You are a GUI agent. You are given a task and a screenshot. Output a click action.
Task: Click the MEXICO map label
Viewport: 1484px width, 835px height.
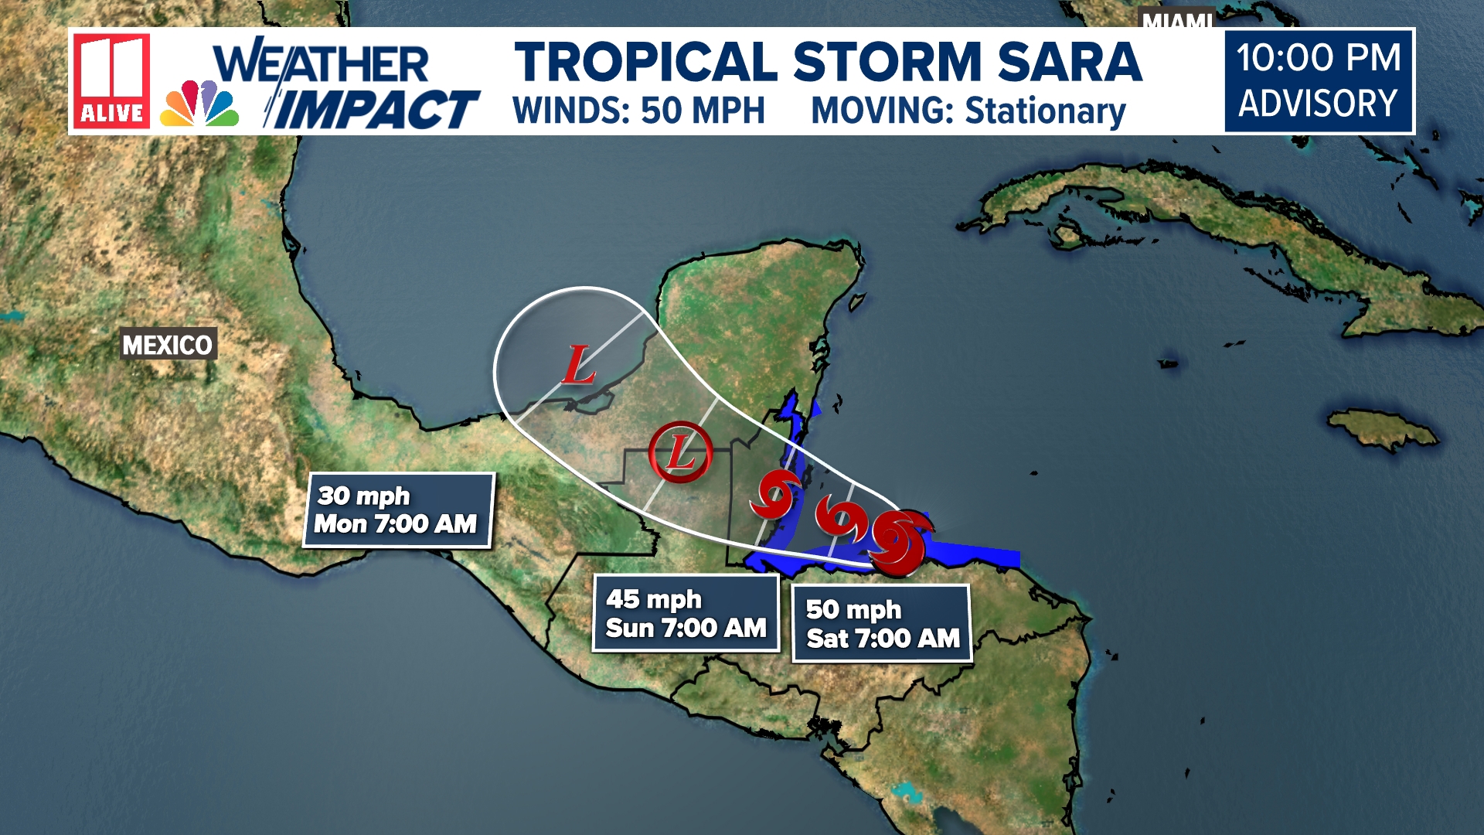168,345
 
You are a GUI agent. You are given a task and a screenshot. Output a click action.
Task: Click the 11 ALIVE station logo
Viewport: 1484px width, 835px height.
112,80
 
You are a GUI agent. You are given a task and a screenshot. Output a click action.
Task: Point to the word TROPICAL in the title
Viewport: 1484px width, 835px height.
646,63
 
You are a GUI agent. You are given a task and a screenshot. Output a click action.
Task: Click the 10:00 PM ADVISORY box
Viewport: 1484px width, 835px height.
1319,81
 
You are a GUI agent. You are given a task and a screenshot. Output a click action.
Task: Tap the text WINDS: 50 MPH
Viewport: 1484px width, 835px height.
638,111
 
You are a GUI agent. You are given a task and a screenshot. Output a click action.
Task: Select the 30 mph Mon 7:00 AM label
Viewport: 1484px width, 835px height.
397,510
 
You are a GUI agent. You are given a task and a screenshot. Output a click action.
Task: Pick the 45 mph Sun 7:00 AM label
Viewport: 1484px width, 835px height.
686,613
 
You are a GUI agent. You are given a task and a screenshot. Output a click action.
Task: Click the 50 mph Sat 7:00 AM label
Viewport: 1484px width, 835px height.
882,623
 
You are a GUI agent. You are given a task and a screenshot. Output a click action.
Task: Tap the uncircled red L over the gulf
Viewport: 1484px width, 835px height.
577,365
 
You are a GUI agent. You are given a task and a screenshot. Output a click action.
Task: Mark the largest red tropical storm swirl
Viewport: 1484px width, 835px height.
899,543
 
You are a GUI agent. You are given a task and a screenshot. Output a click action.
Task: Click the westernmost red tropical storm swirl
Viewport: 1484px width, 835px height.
774,495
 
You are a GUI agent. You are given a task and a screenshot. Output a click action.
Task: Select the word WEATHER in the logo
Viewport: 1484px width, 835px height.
322,63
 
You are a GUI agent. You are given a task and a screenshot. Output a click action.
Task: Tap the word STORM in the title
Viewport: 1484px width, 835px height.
887,63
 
